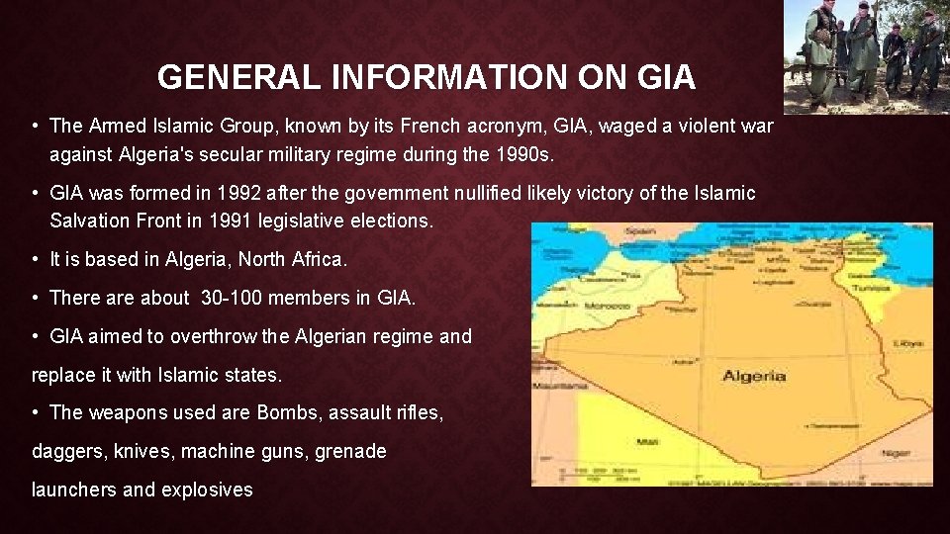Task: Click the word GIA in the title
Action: (x=666, y=76)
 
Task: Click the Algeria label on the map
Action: (x=754, y=375)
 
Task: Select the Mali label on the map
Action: (x=648, y=442)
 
